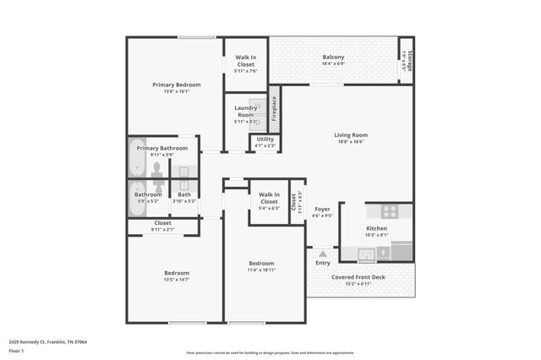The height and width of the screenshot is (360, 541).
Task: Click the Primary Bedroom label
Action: point(176,85)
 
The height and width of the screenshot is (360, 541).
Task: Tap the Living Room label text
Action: point(351,135)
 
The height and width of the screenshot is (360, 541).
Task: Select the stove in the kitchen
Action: point(390,212)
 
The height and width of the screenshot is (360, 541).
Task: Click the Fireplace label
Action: point(274,109)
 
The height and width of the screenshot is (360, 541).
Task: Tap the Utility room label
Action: point(265,139)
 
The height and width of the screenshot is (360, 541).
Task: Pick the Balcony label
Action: point(333,57)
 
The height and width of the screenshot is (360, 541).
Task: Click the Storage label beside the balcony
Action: point(410,61)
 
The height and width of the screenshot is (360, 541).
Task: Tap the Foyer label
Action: point(323,209)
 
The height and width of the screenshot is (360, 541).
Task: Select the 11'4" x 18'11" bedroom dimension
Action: point(260,270)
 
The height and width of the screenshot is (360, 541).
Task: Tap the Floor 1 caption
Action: point(17,350)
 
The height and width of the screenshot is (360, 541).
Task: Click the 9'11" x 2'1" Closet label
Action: point(162,226)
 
